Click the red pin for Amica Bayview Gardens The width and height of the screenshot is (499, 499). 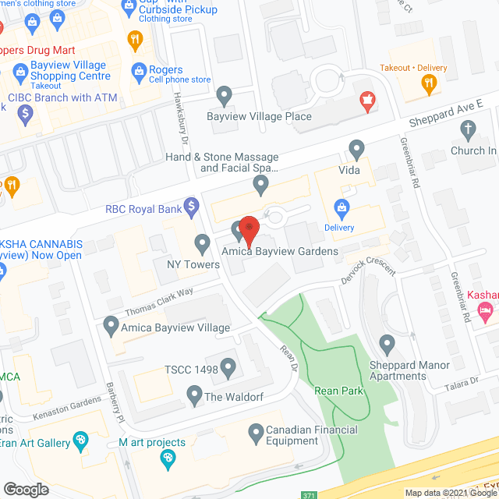249,228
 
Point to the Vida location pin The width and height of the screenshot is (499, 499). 357,147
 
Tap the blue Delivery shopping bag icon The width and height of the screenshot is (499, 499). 341,207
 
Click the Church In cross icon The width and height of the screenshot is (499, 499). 468,130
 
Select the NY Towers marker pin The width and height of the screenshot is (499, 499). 203,245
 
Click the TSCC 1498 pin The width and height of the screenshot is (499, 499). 228,366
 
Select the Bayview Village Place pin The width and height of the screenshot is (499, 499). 225,97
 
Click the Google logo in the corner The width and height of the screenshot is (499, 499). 26,489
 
